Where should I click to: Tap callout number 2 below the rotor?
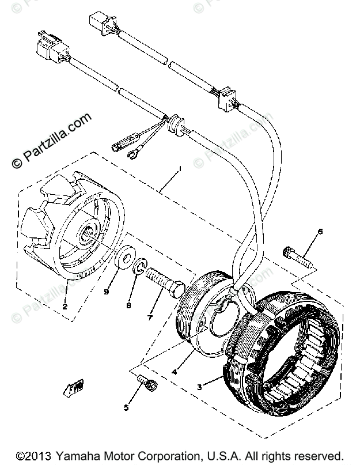click(65, 307)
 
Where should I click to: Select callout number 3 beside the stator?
click(199, 387)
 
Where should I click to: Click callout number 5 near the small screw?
click(126, 409)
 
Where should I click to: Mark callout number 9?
click(106, 292)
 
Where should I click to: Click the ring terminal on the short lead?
click(137, 153)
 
